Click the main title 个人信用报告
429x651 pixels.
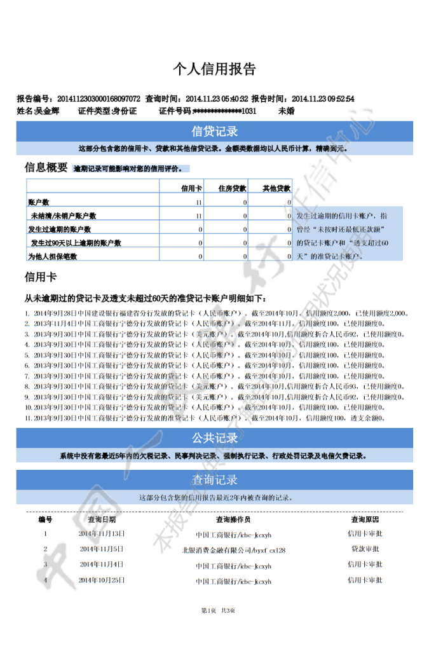click(x=214, y=69)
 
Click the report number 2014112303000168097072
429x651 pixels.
click(x=99, y=99)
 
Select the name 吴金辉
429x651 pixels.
click(x=47, y=111)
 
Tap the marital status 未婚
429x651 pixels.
click(x=286, y=111)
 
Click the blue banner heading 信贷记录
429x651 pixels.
click(x=214, y=132)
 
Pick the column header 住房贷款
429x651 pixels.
click(x=232, y=188)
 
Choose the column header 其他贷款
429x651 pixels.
click(x=276, y=188)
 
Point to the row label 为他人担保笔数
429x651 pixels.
click(x=52, y=256)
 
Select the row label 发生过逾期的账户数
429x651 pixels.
click(x=59, y=230)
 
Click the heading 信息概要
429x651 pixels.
click(x=46, y=168)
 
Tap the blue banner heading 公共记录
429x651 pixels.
click(x=214, y=438)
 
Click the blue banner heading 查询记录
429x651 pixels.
click(x=214, y=479)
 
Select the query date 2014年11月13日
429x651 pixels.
click(x=102, y=533)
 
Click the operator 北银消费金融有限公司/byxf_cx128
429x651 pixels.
click(x=233, y=550)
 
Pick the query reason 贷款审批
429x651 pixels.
click(x=365, y=548)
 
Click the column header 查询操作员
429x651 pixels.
click(x=233, y=519)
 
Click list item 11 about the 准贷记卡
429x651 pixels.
click(x=210, y=418)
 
